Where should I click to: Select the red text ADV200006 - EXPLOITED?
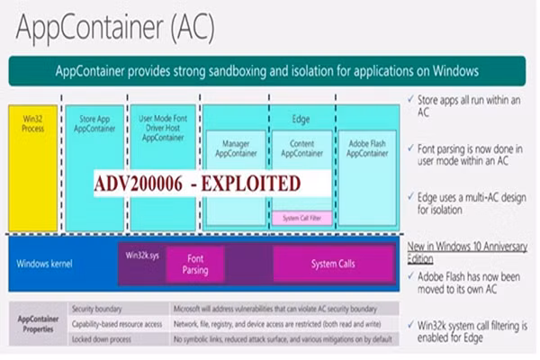pyautogui.click(x=197, y=184)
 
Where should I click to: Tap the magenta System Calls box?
pyautogui.click(x=333, y=264)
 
